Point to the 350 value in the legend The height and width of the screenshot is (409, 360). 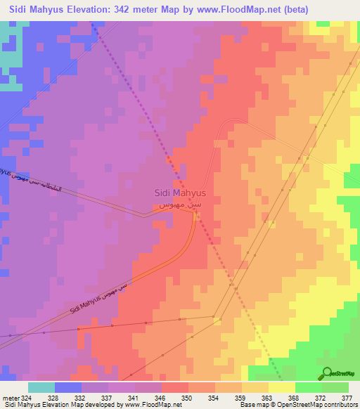(x=167, y=398)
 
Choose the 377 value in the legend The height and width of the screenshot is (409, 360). (x=347, y=398)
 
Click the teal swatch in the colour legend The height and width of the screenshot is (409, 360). (x=41, y=387)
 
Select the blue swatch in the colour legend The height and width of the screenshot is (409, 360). (x=68, y=387)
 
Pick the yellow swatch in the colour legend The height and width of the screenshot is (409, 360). (x=282, y=387)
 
